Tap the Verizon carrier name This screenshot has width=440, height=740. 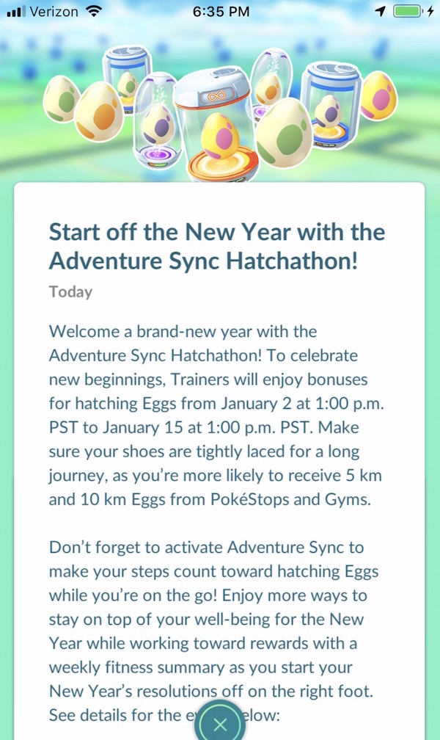point(54,12)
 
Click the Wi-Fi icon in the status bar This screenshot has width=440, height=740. point(95,12)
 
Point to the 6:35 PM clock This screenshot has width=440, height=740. point(221,12)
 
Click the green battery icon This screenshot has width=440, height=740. point(407,11)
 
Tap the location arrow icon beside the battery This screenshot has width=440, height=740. point(381,11)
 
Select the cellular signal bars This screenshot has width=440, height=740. point(17,12)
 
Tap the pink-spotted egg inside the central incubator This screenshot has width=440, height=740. point(220,136)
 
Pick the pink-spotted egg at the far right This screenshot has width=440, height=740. point(378,95)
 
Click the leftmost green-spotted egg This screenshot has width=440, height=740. point(62,100)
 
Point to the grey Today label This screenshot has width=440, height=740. point(70,292)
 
